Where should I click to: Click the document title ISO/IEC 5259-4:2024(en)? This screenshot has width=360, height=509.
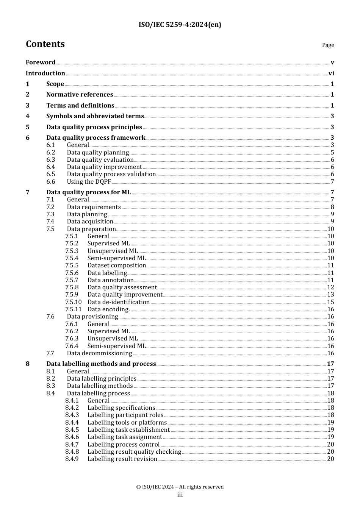coord(180,25)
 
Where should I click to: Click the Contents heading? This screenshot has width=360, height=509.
coord(45,44)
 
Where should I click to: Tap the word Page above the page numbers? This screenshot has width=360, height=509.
coord(328,45)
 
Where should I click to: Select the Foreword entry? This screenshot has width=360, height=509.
coord(41,62)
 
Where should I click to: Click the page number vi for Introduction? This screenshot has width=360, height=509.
coord(331,73)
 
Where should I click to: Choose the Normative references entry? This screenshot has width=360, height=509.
coord(80,95)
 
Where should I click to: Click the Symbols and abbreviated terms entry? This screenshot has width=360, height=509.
coord(95,116)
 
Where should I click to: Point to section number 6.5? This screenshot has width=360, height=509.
coord(51,174)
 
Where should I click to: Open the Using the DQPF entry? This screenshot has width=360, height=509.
coord(89,182)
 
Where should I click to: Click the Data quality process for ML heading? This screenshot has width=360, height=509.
coord(88,192)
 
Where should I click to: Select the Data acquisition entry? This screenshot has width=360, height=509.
coord(90,222)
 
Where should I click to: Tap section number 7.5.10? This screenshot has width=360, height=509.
coord(73,302)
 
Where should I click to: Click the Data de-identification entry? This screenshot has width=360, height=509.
coord(119,302)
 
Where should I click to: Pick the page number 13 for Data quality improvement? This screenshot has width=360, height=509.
coord(330,295)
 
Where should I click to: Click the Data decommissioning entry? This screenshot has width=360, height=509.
coord(99,353)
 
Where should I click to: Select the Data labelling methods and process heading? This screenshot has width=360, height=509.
coord(101,364)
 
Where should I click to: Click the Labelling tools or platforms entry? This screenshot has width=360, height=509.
coord(127,423)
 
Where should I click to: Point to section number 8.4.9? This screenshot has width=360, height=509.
coord(72,459)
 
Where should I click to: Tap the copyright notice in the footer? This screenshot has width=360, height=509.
coord(180,487)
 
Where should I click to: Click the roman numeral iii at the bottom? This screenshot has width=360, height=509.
coord(180,495)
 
